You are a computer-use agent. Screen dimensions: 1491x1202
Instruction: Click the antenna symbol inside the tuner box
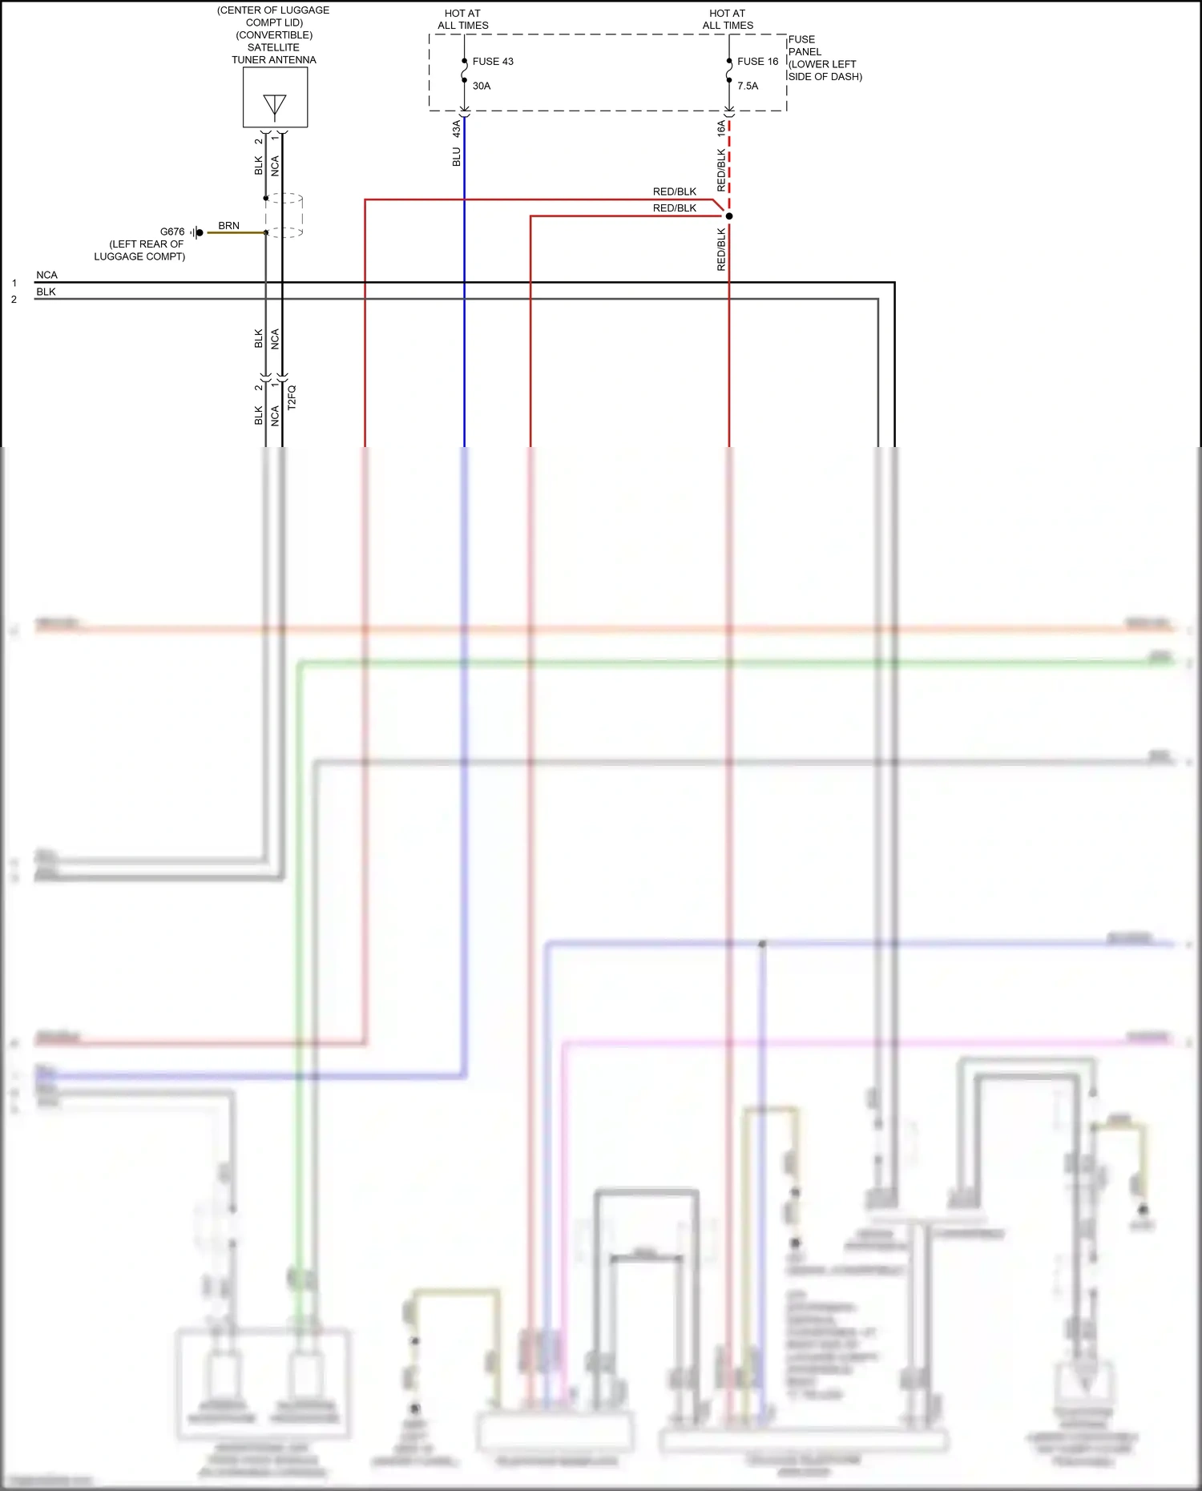[x=275, y=106]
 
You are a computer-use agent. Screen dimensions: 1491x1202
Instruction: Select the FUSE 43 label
[x=493, y=62]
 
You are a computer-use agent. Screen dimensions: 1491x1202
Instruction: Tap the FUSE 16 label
[x=757, y=62]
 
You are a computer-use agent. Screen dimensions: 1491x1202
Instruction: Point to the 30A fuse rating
[x=482, y=86]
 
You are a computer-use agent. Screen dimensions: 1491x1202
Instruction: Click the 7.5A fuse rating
[x=748, y=86]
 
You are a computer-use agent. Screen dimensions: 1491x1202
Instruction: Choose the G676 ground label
[x=172, y=232]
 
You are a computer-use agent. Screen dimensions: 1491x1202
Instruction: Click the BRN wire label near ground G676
[x=228, y=226]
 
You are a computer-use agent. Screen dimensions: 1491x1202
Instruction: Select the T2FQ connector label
[x=292, y=397]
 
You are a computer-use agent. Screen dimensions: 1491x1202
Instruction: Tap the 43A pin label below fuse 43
[x=457, y=128]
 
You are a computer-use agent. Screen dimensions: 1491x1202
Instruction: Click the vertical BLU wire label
[x=457, y=156]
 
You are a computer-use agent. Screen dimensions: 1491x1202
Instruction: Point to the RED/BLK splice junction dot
[x=728, y=216]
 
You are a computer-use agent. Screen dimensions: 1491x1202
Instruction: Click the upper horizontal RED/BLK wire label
[x=675, y=191]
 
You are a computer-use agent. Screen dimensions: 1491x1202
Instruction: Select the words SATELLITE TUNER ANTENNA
[x=274, y=54]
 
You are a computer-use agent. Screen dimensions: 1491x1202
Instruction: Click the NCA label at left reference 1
[x=46, y=275]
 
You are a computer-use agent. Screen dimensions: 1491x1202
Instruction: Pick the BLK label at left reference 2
[x=46, y=292]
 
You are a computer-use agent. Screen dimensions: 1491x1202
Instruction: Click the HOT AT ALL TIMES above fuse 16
[x=728, y=19]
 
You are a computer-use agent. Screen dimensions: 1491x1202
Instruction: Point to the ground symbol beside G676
[x=196, y=232]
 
